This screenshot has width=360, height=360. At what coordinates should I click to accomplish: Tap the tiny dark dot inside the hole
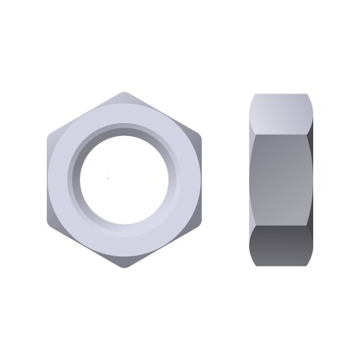(x=108, y=176)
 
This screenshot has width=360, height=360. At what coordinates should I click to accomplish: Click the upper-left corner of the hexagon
(x=48, y=136)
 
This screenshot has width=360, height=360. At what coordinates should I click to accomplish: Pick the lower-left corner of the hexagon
(x=48, y=224)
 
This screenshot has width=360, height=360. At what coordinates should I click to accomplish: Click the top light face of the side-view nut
(x=282, y=111)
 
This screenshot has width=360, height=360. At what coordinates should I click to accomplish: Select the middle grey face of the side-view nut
(x=282, y=179)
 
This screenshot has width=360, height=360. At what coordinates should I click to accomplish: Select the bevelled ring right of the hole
(x=175, y=179)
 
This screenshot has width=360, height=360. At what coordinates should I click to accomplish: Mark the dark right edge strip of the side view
(x=311, y=179)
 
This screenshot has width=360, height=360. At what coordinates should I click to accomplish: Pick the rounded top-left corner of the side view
(x=253, y=96)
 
